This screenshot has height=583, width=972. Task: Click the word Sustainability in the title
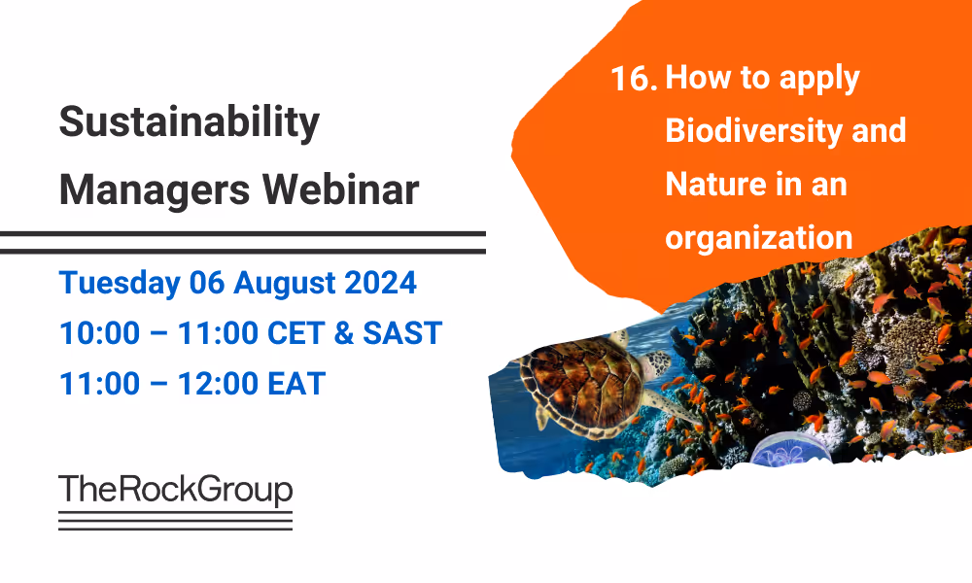tap(189, 123)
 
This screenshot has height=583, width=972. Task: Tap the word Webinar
tap(343, 189)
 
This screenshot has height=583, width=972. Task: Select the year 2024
tap(382, 283)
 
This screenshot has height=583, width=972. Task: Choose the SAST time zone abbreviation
tap(402, 333)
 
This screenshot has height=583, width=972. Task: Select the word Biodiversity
tap(743, 130)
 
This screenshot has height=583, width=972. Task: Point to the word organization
tap(758, 236)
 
